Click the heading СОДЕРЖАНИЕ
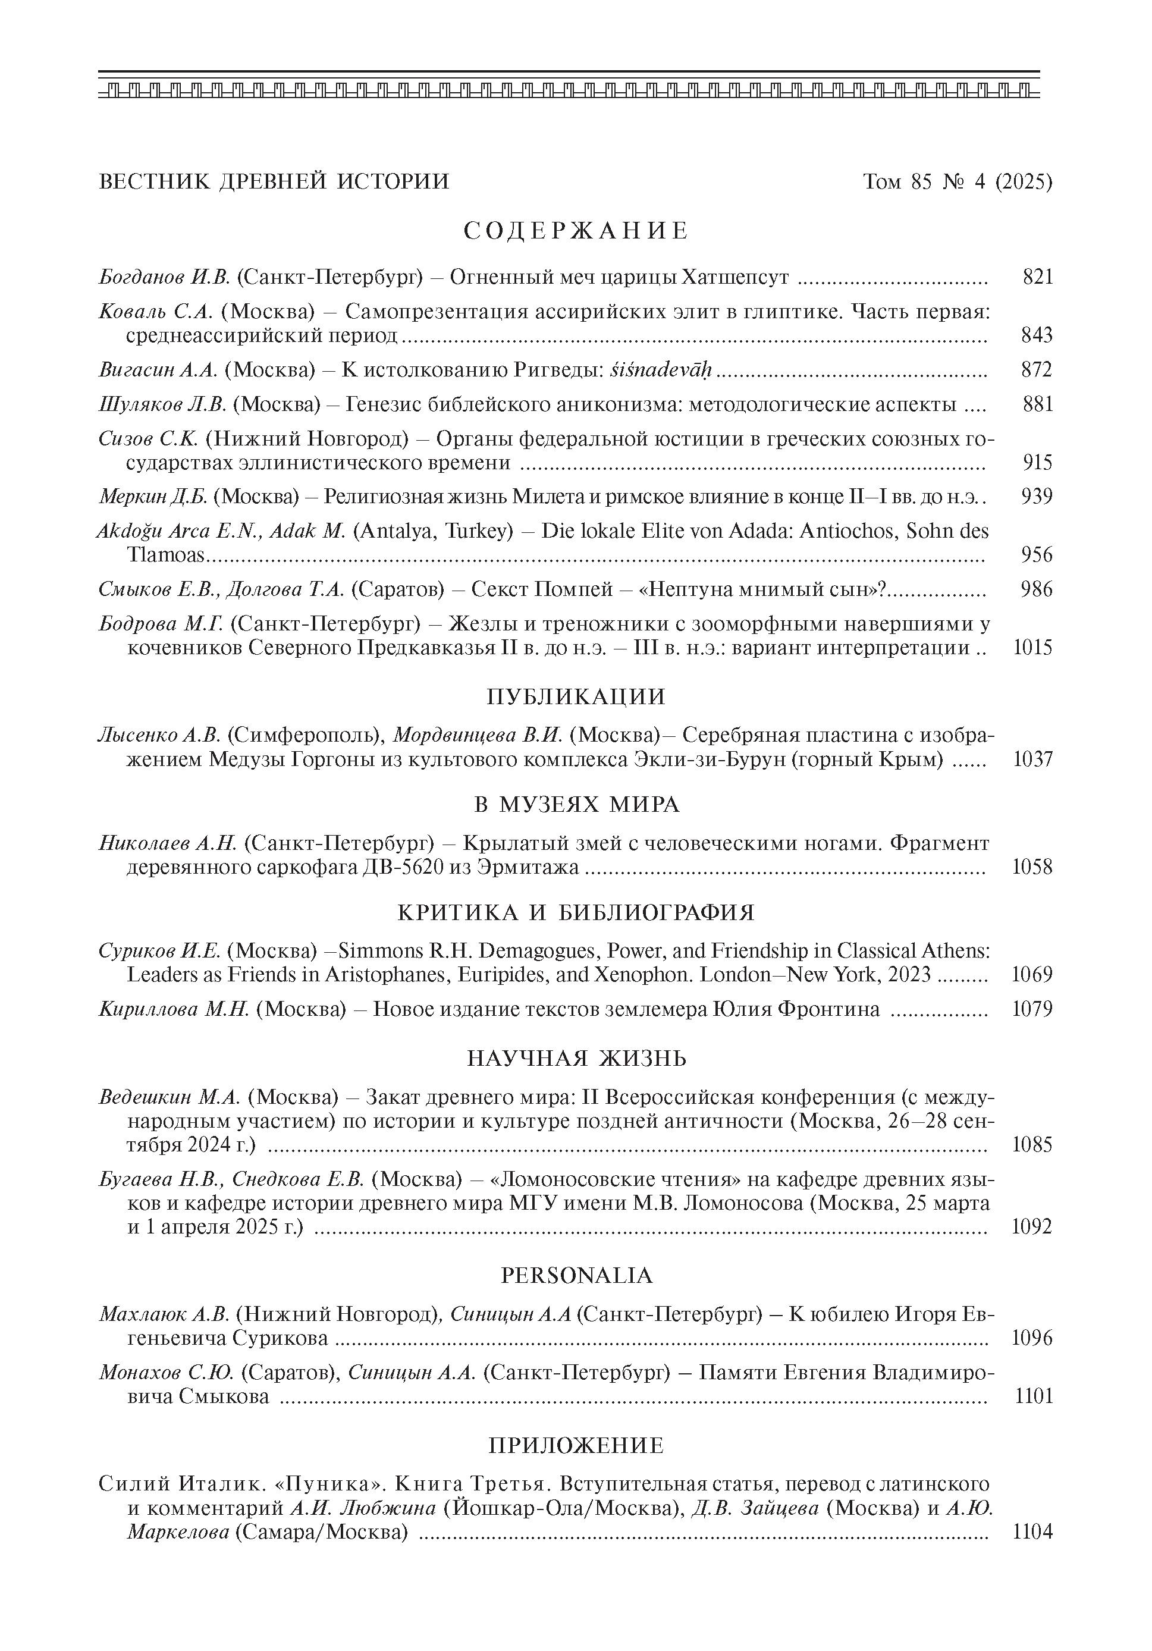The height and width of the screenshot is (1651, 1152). tap(576, 231)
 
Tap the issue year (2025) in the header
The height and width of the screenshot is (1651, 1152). tap(1024, 182)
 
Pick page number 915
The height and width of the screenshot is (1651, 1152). tap(1037, 462)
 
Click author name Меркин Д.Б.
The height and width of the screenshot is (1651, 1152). tap(153, 497)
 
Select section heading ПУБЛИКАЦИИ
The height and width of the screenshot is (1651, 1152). tap(576, 697)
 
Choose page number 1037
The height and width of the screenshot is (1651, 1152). tap(1032, 759)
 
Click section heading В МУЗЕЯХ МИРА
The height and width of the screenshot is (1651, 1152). tap(576, 804)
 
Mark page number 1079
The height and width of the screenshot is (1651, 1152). tap(1032, 1010)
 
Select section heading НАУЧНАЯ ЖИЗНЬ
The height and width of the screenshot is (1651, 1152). tap(576, 1059)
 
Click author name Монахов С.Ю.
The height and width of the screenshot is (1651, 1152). tap(166, 1373)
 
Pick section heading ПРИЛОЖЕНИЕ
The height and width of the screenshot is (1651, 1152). tap(576, 1445)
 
